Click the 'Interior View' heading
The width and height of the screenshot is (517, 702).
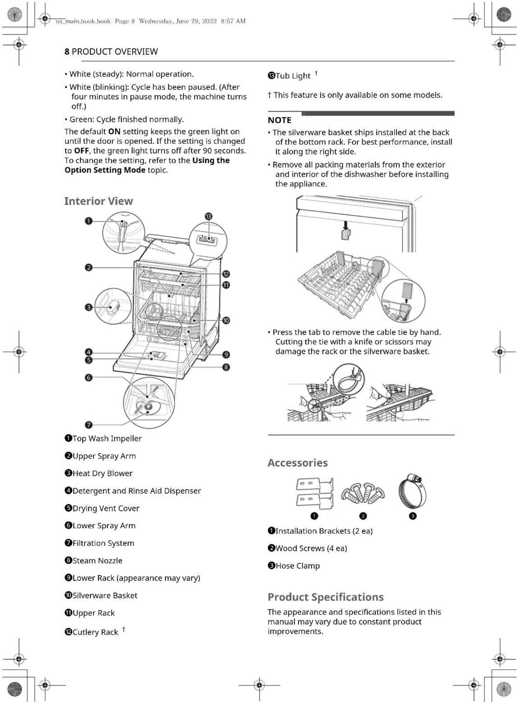[98, 201]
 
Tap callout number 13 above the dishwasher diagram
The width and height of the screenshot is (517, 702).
[209, 216]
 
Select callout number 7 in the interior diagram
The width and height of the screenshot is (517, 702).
[89, 425]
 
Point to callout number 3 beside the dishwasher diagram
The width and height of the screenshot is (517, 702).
[89, 307]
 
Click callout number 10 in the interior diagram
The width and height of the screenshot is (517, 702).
[226, 320]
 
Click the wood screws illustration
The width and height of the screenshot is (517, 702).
[363, 493]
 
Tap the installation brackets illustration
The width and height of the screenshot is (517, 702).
[314, 493]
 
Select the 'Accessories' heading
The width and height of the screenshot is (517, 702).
[298, 463]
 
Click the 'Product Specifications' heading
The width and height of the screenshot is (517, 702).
[326, 597]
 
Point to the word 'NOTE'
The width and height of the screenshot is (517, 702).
[279, 120]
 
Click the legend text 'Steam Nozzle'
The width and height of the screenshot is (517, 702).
[97, 560]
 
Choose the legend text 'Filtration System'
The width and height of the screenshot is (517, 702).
[103, 543]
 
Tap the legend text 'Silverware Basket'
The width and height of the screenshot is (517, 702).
[105, 595]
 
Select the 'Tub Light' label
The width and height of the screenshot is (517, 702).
[293, 76]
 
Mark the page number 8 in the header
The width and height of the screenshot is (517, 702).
[67, 52]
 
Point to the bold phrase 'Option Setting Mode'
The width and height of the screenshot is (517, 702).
[105, 170]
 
